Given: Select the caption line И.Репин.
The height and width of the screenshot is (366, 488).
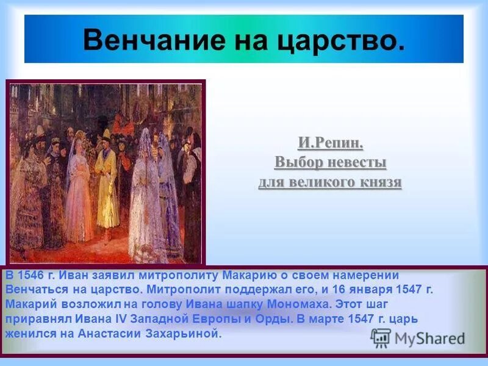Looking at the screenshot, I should (330, 144).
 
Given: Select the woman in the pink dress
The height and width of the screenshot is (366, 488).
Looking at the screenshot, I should (79, 195).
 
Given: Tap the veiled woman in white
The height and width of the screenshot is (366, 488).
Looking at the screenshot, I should (145, 201).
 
